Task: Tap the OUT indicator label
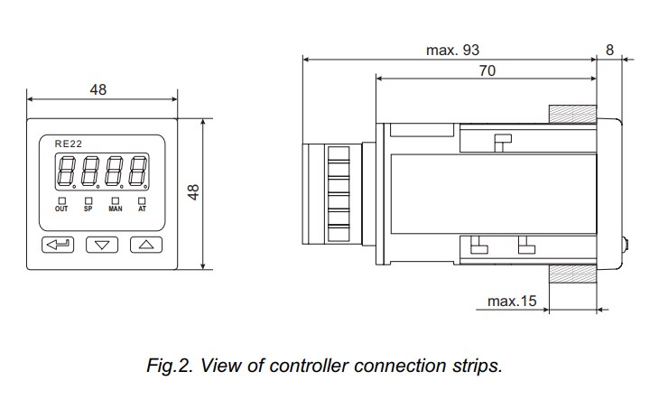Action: click(x=61, y=209)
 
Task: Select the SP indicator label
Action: click(x=88, y=209)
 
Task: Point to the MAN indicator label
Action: click(x=115, y=209)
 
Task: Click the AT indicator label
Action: click(x=142, y=209)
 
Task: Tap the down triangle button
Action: click(x=102, y=244)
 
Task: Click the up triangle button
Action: click(x=145, y=244)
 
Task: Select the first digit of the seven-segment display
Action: click(x=66, y=172)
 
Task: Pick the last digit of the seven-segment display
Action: click(x=138, y=172)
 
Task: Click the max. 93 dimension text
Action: click(x=452, y=50)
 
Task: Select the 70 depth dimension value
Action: click(x=487, y=70)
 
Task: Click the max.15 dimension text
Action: click(x=512, y=301)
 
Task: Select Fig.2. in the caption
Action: click(x=169, y=367)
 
